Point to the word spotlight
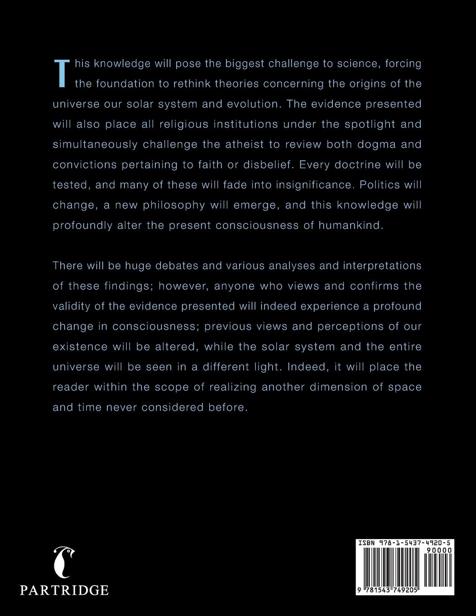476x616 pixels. point(356,124)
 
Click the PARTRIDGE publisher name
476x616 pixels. point(64,590)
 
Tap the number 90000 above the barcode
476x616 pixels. point(438,550)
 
